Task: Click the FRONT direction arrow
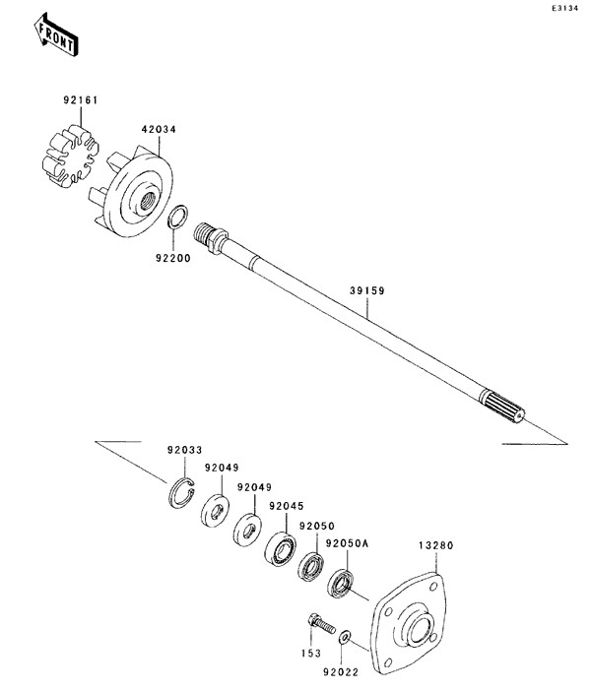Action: [56, 35]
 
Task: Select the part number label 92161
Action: [81, 100]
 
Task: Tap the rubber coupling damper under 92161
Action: [71, 156]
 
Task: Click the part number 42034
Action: [159, 130]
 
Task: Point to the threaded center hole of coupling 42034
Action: [147, 201]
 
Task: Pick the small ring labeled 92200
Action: [177, 217]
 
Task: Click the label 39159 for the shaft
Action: [367, 290]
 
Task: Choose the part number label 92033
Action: [184, 451]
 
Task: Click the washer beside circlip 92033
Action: [215, 511]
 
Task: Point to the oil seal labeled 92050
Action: [311, 566]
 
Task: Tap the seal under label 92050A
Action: [341, 585]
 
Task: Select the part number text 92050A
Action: [347, 543]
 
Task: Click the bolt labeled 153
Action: [321, 624]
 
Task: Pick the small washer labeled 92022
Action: [345, 637]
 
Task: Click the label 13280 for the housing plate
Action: [435, 545]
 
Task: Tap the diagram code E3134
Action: [564, 9]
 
